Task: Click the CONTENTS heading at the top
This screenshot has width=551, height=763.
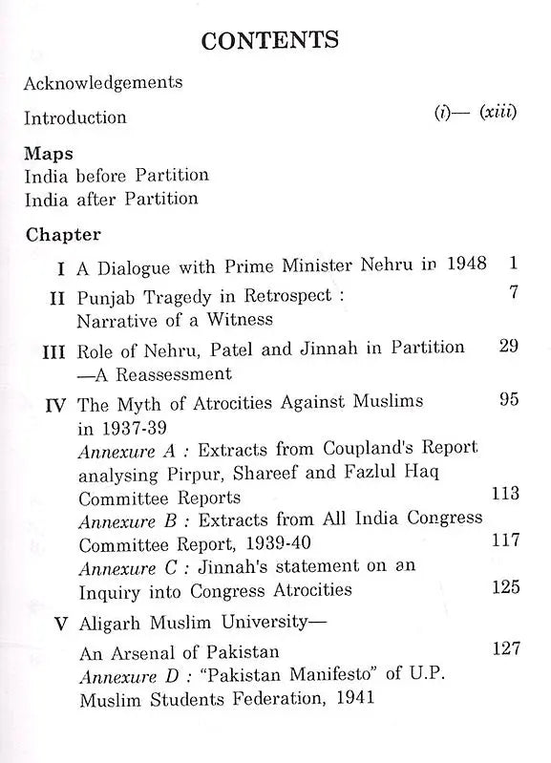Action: coord(270,39)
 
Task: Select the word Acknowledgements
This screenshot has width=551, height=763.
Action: coord(103,82)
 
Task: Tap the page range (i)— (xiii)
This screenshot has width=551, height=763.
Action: coord(475,114)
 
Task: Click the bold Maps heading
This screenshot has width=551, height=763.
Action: coord(49,154)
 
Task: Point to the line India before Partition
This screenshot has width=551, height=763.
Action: coord(117,176)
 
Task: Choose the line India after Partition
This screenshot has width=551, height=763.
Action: coord(111,199)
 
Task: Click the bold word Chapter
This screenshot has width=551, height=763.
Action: coord(63,234)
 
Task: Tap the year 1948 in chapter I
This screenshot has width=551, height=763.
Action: coord(465,264)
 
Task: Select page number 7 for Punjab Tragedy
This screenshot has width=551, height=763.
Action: coord(514,293)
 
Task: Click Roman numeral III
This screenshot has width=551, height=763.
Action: coord(53,350)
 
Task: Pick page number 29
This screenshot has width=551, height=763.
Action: coord(509,346)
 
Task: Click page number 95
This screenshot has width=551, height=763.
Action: coord(509,399)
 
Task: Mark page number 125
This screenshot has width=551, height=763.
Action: coord(504,586)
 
